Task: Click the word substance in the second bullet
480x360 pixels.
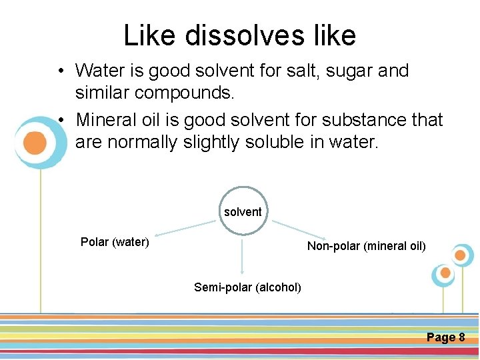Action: pyautogui.click(x=355, y=120)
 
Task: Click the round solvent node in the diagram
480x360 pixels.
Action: pyautogui.click(x=243, y=211)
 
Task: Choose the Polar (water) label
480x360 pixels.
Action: pyautogui.click(x=115, y=242)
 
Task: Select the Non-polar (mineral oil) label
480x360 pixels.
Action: pyautogui.click(x=366, y=246)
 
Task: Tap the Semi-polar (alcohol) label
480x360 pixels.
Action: pyautogui.click(x=247, y=287)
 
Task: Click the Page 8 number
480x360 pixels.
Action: pyautogui.click(x=445, y=337)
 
